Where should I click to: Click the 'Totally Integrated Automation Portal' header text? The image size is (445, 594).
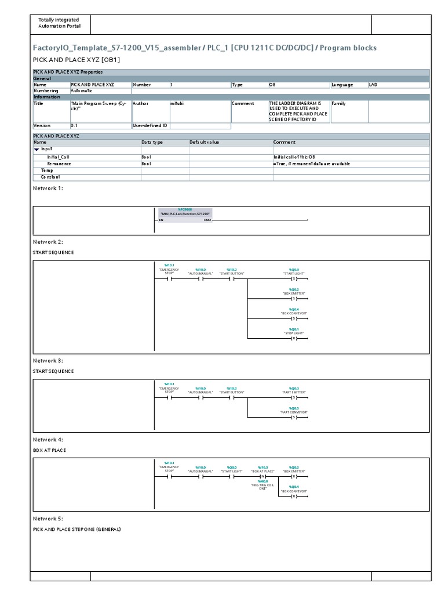[x=60, y=23]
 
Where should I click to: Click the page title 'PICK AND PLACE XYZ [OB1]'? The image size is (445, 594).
[x=76, y=60]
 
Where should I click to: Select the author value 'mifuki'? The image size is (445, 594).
[x=177, y=103]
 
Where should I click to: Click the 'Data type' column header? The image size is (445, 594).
[x=152, y=142]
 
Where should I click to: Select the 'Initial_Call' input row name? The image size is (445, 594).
[x=59, y=157]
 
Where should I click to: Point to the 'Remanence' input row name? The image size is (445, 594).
[x=59, y=164]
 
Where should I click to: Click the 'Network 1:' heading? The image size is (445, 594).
[x=48, y=189]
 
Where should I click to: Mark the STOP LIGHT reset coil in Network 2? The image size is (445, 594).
[x=294, y=338]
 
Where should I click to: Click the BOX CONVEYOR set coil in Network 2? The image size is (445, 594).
[x=294, y=318]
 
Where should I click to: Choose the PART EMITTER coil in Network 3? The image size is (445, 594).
[x=294, y=397]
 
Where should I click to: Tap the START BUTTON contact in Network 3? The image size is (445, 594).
[x=231, y=397]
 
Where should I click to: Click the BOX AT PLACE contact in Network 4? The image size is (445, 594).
[x=262, y=476]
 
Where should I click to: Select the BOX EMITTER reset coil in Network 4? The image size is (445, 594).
[x=294, y=476]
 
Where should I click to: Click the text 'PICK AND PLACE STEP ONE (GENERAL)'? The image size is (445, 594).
[x=77, y=529]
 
